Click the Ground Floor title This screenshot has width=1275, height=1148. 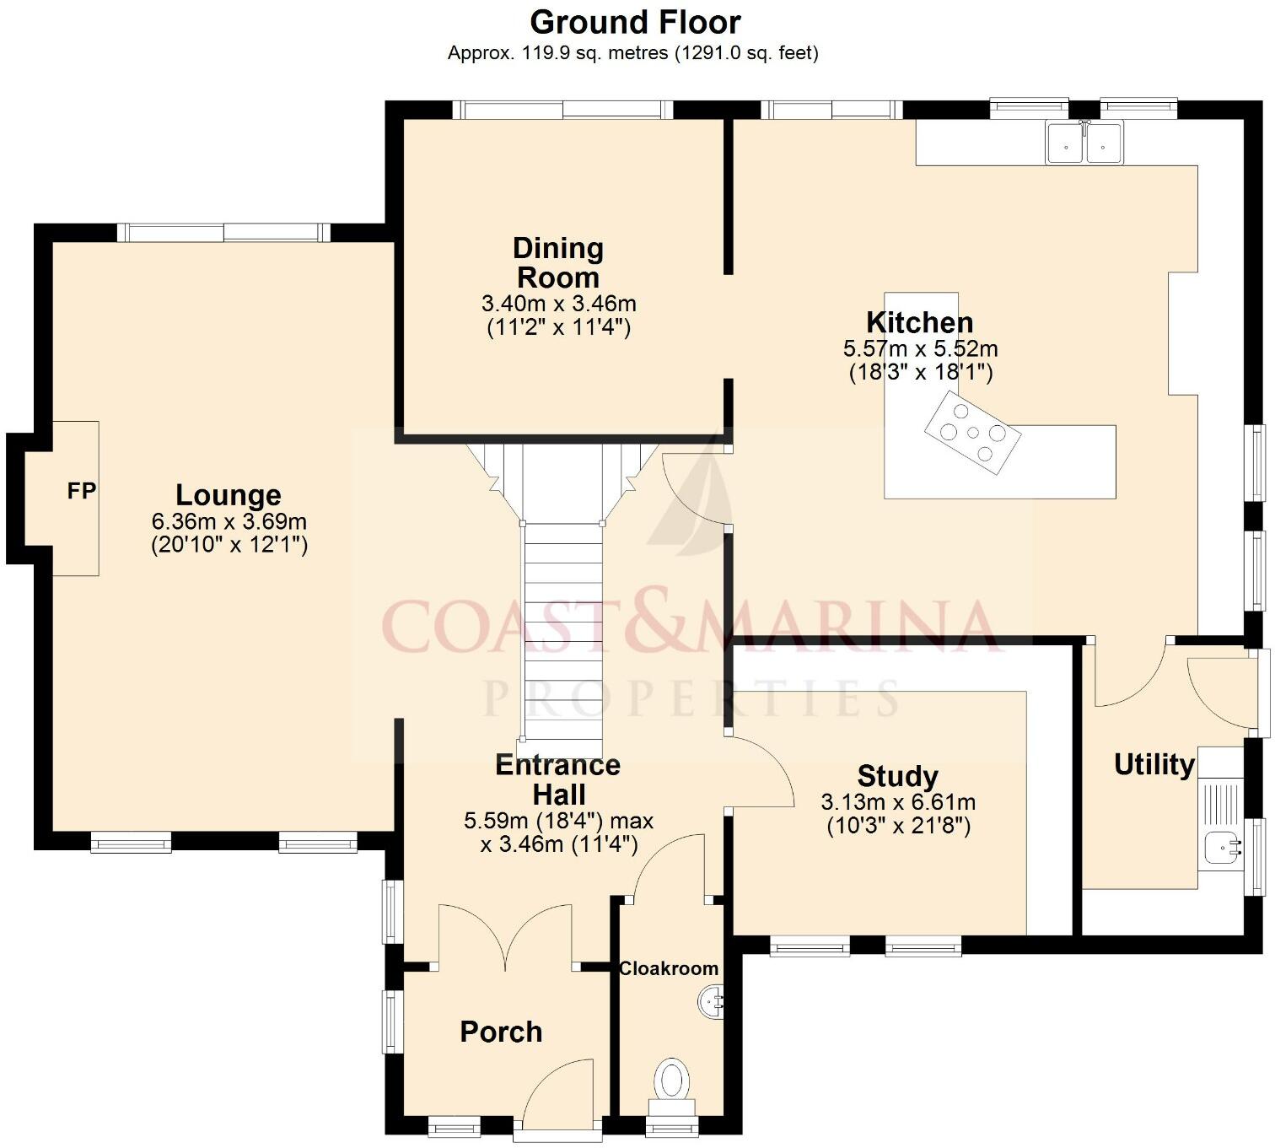(x=635, y=22)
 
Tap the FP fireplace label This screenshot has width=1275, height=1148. (x=82, y=491)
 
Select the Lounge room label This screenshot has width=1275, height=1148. (x=228, y=495)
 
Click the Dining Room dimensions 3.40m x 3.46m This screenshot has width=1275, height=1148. (x=558, y=304)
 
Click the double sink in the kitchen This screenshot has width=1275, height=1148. (x=1084, y=143)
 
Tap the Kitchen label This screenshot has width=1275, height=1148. (x=920, y=322)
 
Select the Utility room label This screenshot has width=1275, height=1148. (x=1154, y=764)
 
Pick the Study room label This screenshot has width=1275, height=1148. (x=897, y=776)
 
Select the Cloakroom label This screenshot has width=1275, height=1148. (x=669, y=968)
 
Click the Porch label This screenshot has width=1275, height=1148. (x=501, y=1032)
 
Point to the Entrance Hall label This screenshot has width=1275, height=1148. (x=558, y=779)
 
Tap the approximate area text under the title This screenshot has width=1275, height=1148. (x=632, y=53)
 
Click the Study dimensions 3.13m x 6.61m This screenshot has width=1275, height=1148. (x=898, y=802)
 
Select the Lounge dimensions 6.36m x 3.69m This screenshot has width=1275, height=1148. (x=229, y=521)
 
